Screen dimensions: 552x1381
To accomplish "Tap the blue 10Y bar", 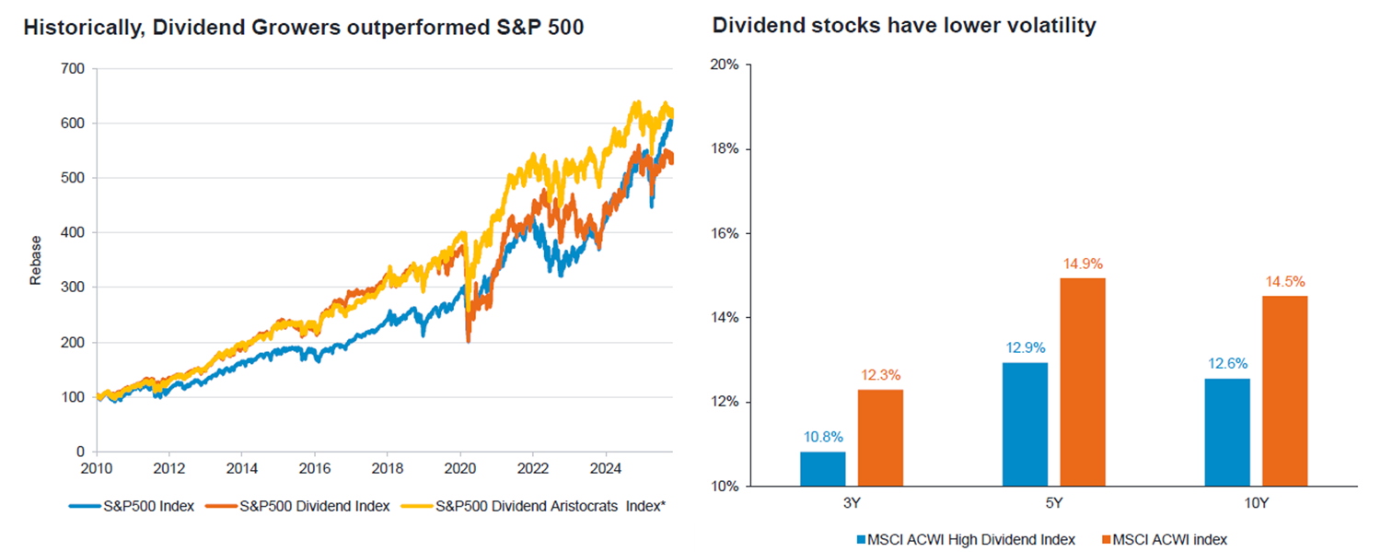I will [x=1227, y=432].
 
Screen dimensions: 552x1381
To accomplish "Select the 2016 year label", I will [x=314, y=467].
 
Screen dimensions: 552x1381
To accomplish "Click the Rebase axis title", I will [x=37, y=261].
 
